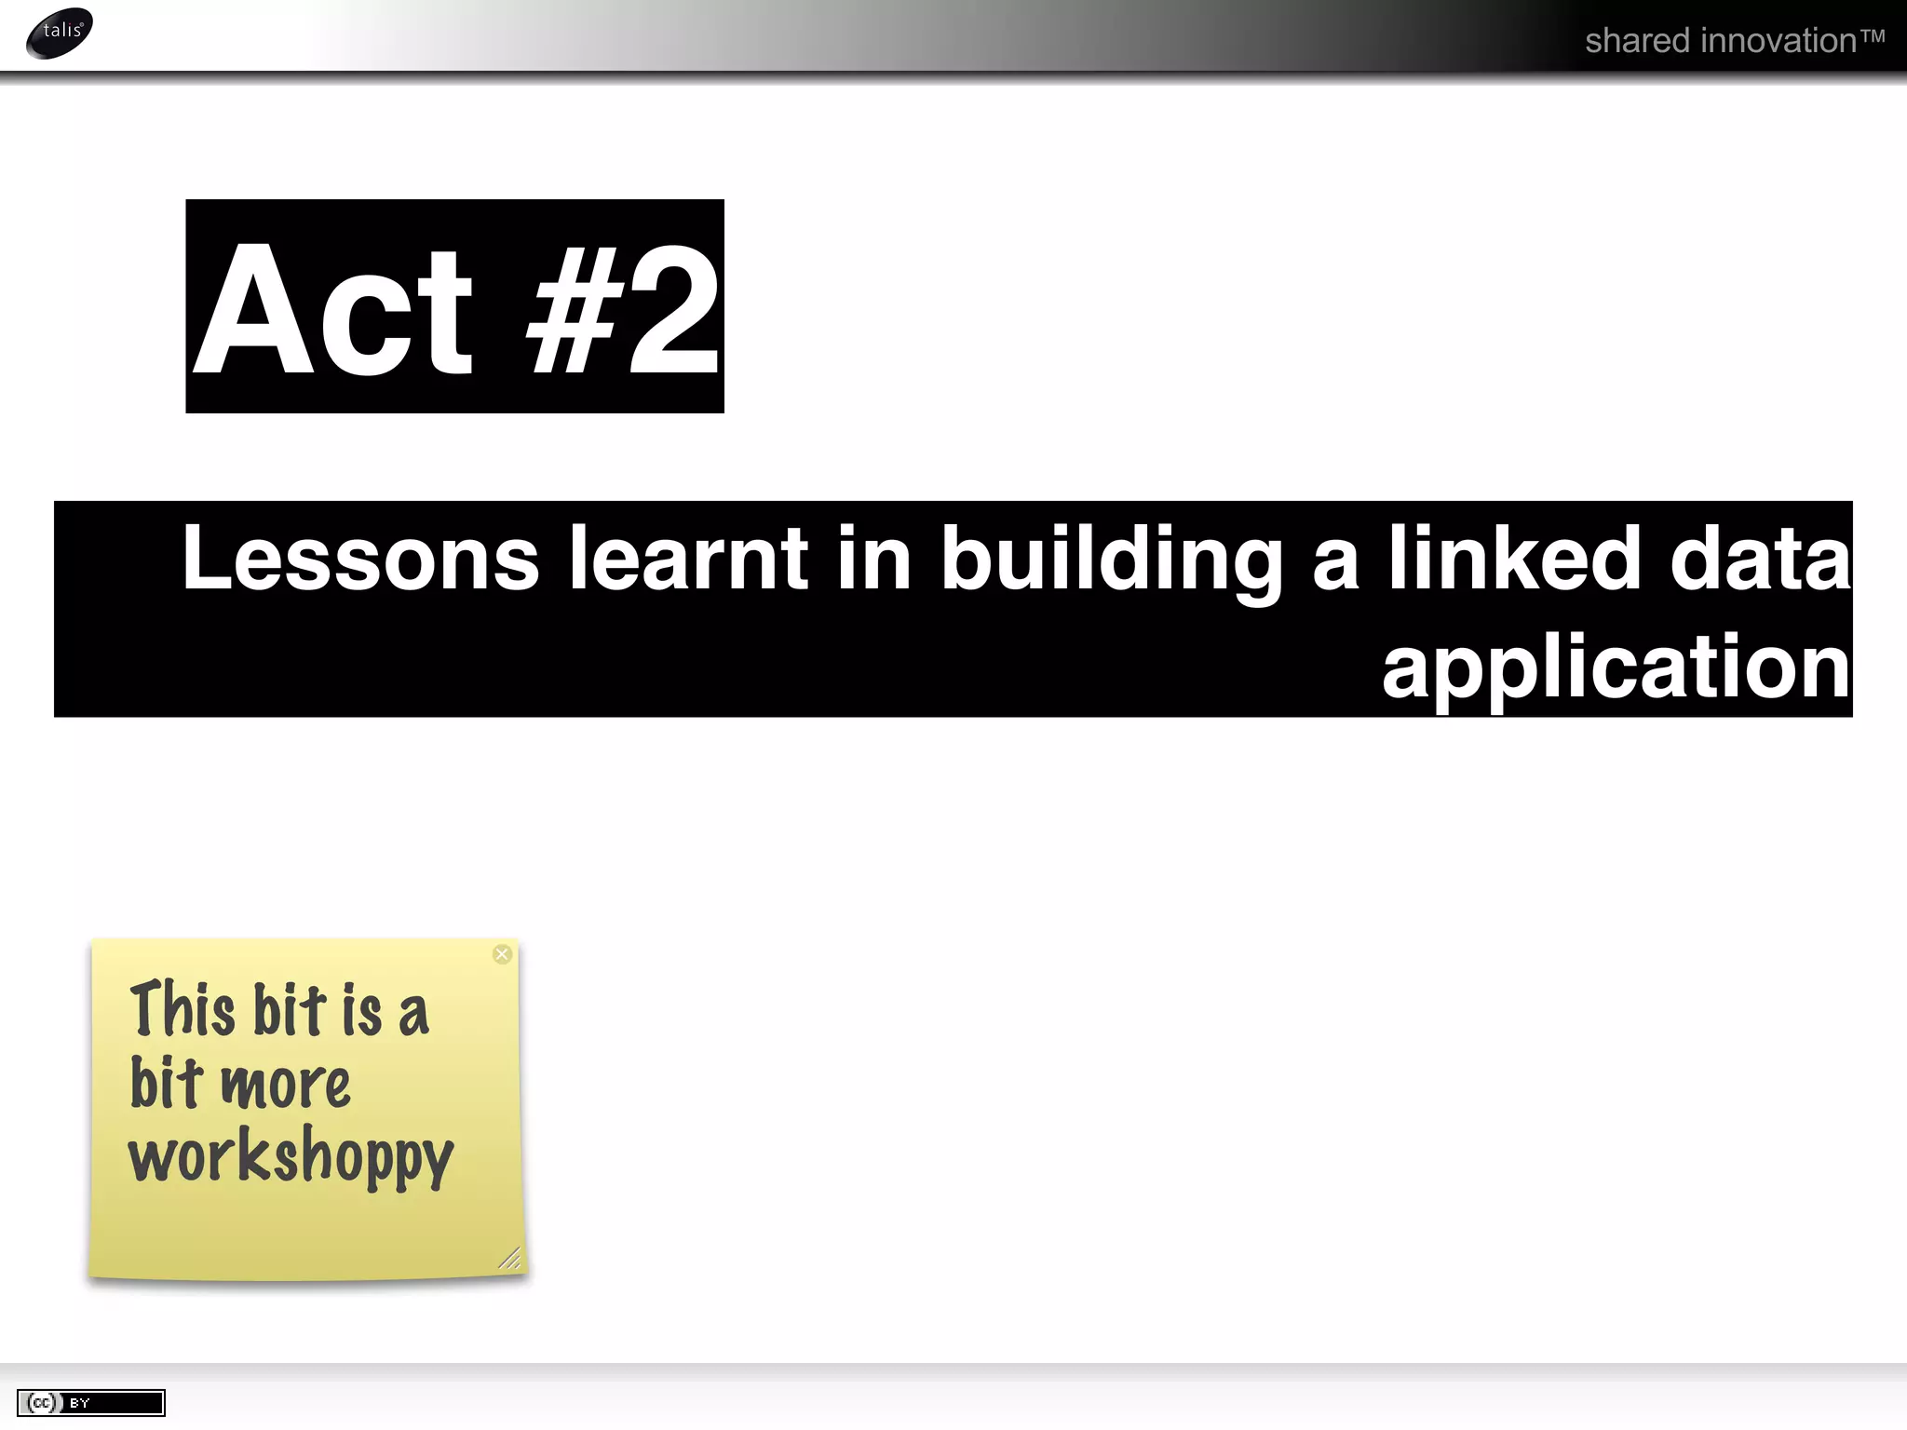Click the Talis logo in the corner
[60, 33]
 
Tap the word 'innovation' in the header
[1780, 41]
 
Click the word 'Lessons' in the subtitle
[360, 558]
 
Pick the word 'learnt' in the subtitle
[688, 558]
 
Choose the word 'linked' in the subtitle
[1515, 558]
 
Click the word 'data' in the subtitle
[1760, 558]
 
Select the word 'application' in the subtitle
[1616, 669]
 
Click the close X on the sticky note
[502, 954]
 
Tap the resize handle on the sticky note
[509, 1259]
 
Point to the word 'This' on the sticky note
[183, 1009]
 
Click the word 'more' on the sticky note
[285, 1085]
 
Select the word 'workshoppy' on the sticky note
[291, 1158]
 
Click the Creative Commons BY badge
[90, 1403]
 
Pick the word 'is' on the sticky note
[361, 1009]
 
